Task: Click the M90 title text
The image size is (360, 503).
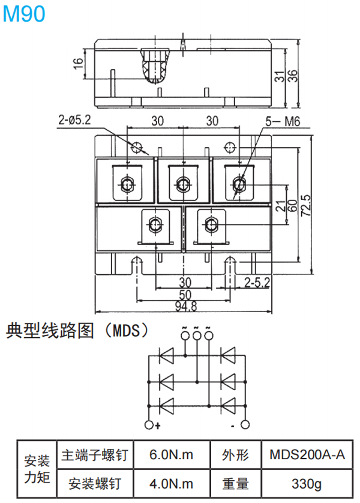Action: [x=24, y=13]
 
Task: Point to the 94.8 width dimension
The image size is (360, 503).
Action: [x=186, y=307]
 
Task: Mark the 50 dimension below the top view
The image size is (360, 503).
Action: [x=185, y=295]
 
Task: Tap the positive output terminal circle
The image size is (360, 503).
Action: [x=150, y=425]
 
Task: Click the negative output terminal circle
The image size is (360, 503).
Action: [x=244, y=425]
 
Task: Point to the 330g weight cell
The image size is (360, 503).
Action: [x=307, y=483]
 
